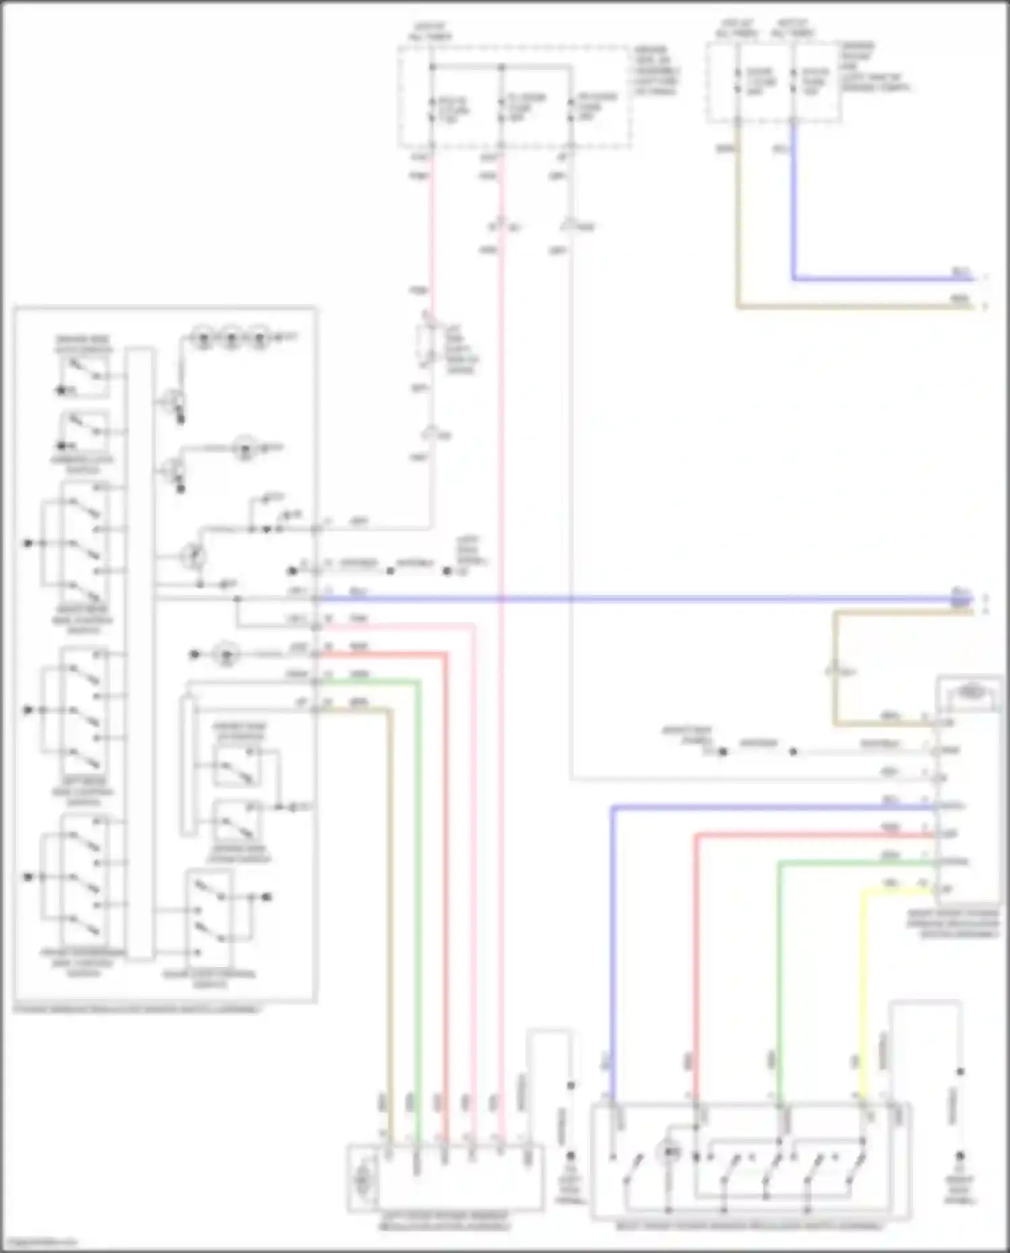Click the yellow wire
coord(863,976)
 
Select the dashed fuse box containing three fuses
coord(515,96)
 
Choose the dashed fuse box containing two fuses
coord(773,82)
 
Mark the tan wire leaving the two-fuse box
coord(739,222)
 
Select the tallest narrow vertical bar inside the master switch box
coord(140,653)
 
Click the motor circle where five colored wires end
coord(363,1178)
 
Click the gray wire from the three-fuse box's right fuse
coord(571,471)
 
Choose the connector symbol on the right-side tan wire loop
coord(834,671)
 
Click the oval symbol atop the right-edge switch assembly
coord(970,691)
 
